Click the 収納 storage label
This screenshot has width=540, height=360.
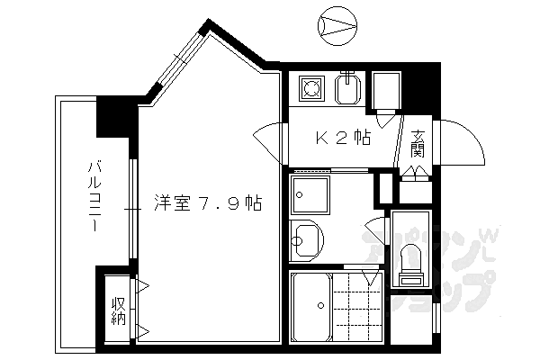(118, 310)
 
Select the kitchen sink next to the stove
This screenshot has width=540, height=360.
(349, 90)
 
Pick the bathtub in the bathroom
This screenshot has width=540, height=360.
(310, 306)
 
